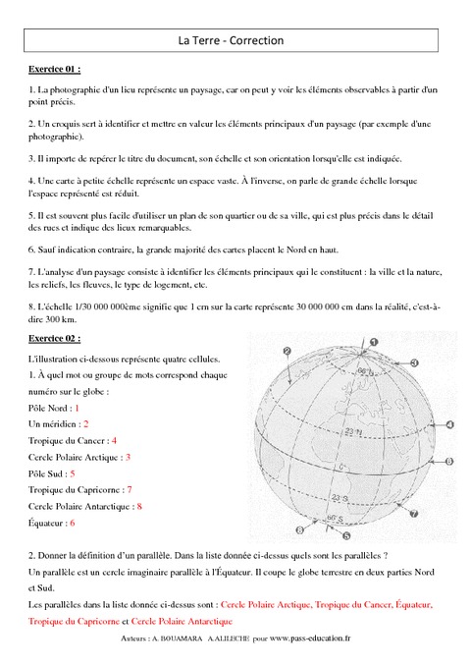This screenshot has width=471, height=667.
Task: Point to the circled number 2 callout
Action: (287, 351)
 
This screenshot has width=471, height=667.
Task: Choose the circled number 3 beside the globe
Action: (414, 362)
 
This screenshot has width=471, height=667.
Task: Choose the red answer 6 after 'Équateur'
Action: (71, 524)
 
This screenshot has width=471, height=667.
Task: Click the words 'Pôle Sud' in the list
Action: (45, 473)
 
